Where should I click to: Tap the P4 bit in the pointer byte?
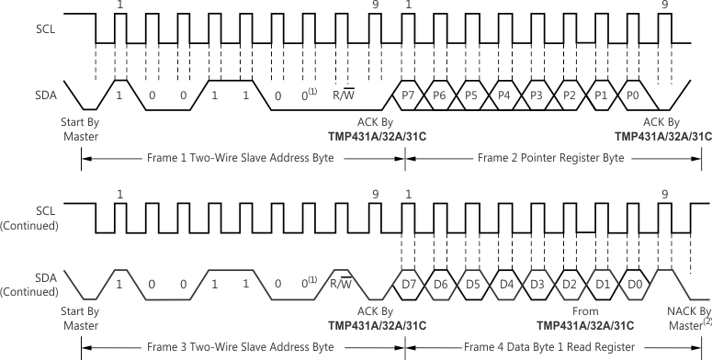tap(503, 95)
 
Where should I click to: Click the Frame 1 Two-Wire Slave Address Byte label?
tap(242, 158)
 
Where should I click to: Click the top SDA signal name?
tap(35, 95)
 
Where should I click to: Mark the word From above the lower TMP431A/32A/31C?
tap(585, 311)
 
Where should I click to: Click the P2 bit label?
tap(568, 95)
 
